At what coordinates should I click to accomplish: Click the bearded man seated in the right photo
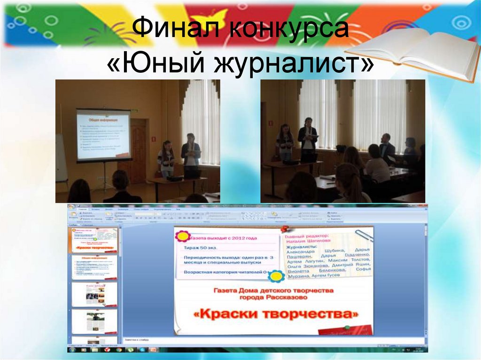[x=387, y=149]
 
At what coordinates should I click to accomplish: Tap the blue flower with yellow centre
[x=276, y=275]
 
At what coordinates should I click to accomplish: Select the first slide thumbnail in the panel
[x=94, y=240]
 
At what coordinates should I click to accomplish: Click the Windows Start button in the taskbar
[x=72, y=350]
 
